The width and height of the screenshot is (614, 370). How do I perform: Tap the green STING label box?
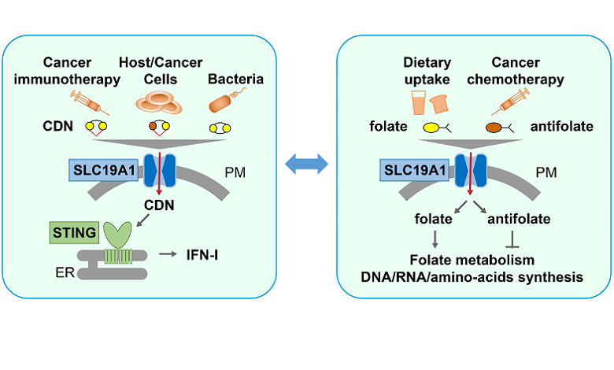point(74,233)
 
